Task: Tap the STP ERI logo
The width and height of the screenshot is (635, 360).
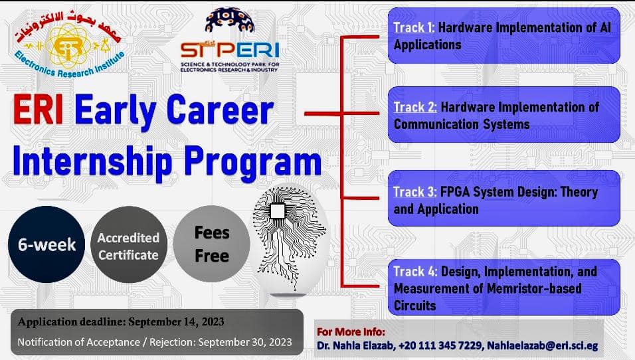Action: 230,40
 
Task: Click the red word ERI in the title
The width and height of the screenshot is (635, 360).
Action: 38,110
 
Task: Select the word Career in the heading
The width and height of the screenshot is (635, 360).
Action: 220,110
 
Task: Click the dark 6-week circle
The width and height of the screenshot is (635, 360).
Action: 46,244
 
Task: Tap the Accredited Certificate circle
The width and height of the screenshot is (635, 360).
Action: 128,244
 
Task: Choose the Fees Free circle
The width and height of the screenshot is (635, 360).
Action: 212,244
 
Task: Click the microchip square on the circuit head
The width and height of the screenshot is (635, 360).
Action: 278,211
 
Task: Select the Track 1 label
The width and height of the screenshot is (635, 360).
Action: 414,27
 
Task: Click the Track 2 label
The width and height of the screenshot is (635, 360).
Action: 415,108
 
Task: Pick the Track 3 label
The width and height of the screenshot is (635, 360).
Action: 415,191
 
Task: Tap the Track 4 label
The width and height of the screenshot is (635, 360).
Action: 415,271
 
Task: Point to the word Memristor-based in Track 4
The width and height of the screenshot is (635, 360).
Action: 534,288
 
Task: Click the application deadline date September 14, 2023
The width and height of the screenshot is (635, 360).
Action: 176,322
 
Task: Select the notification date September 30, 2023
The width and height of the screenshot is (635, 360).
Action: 245,342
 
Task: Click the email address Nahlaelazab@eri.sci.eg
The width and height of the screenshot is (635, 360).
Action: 542,346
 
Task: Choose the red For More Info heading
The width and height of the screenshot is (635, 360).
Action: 351,332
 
